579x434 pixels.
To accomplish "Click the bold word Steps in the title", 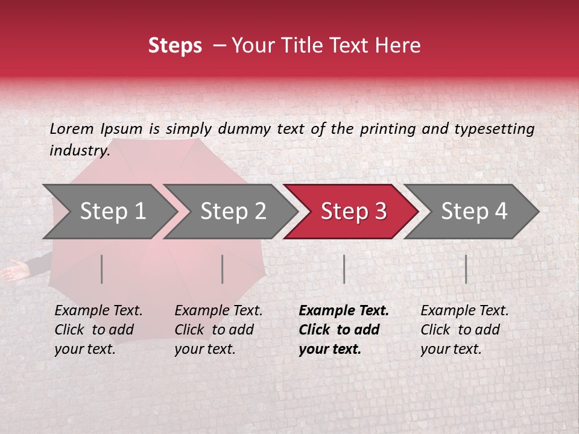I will (175, 46).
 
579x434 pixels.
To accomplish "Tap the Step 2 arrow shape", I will (229, 212).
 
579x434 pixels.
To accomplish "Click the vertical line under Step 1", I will (102, 269).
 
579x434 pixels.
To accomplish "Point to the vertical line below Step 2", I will (223, 269).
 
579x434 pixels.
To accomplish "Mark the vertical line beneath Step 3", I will (344, 269).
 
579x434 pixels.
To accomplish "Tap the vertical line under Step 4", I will (466, 269).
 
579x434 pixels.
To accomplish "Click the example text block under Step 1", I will (98, 330).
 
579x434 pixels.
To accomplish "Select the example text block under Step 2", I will (218, 330).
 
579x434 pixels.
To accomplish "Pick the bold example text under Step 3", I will (344, 330).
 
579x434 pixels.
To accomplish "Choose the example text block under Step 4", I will (464, 330).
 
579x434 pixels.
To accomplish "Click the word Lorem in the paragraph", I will (72, 129).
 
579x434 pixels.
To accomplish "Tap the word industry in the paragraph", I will (80, 151).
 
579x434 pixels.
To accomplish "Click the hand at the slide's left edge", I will (13, 272).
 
